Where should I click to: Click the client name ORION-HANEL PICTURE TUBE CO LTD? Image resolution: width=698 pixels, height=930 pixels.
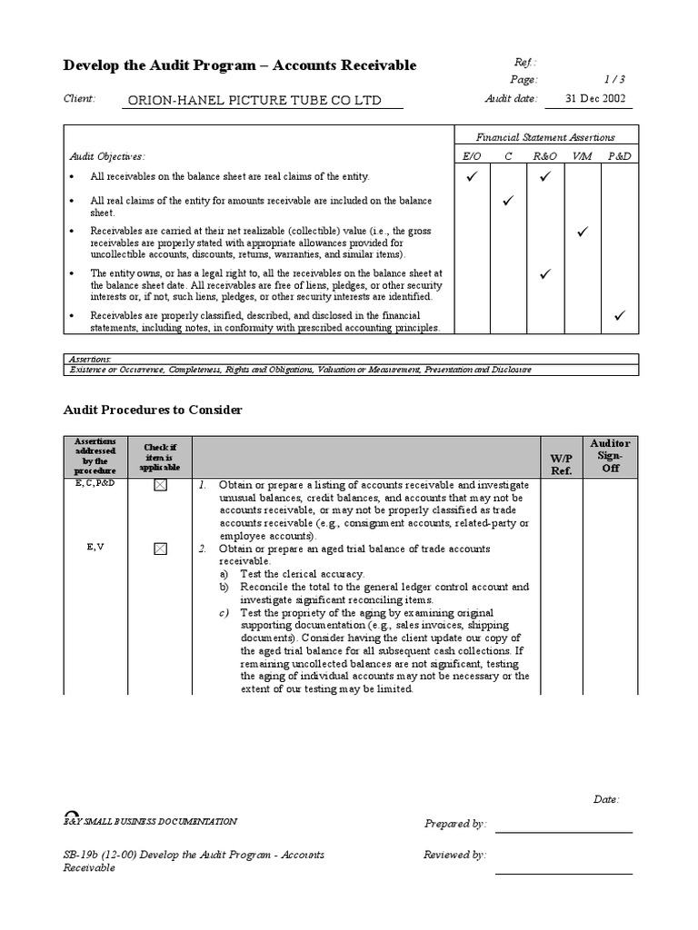(252, 101)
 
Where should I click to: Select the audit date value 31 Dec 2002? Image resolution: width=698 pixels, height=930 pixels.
(595, 99)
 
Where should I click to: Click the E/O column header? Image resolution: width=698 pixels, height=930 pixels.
(472, 157)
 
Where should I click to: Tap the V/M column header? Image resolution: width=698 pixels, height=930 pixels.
(582, 157)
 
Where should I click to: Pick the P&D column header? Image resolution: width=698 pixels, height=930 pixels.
(619, 157)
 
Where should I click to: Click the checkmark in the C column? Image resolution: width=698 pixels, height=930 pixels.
(508, 200)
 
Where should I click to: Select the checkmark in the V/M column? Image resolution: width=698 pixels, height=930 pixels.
(582, 233)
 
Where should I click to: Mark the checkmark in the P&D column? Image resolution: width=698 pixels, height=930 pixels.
(619, 316)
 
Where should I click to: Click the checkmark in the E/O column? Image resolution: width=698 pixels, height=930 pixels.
(472, 176)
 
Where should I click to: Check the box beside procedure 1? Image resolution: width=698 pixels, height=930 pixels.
(161, 487)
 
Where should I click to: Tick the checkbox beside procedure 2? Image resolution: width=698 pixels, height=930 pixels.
(161, 549)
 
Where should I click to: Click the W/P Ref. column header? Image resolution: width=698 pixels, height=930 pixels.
(562, 464)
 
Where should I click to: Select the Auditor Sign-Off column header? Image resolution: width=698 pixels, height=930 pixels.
(610, 455)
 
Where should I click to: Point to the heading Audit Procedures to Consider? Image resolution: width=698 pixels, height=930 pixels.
(153, 411)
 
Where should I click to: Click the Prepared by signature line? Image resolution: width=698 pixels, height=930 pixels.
(563, 830)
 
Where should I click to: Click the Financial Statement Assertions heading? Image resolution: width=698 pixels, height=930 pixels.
(546, 137)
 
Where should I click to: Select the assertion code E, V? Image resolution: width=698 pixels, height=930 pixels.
(95, 548)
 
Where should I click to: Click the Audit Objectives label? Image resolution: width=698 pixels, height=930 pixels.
(107, 157)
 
